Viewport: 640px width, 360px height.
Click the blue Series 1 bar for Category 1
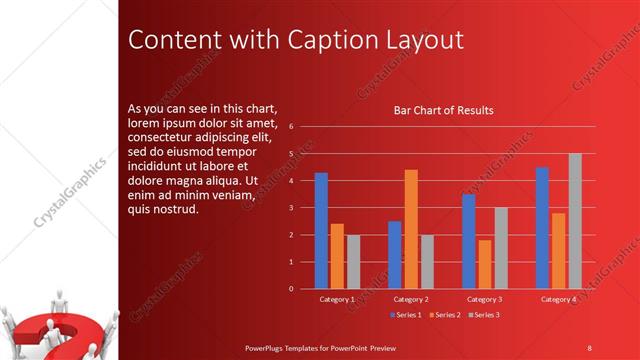pyautogui.click(x=321, y=231)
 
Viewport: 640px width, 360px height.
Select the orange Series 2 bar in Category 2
pyautogui.click(x=411, y=229)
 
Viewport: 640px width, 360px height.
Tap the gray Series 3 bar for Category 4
pyautogui.click(x=575, y=221)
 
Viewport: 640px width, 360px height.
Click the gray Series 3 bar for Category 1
pyautogui.click(x=353, y=262)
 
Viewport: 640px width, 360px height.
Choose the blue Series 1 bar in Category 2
pyautogui.click(x=395, y=255)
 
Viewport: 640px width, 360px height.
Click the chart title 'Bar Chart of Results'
pyautogui.click(x=443, y=110)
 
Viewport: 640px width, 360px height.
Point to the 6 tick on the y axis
pyautogui.click(x=290, y=127)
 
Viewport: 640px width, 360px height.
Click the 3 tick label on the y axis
pyautogui.click(x=290, y=208)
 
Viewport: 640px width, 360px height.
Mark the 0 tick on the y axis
pyautogui.click(x=290, y=289)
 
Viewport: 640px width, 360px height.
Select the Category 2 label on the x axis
pyautogui.click(x=411, y=299)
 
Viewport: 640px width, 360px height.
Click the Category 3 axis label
pyautogui.click(x=484, y=299)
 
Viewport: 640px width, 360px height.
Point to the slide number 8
pyautogui.click(x=589, y=347)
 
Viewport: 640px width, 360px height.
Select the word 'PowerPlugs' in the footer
pyautogui.click(x=270, y=347)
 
